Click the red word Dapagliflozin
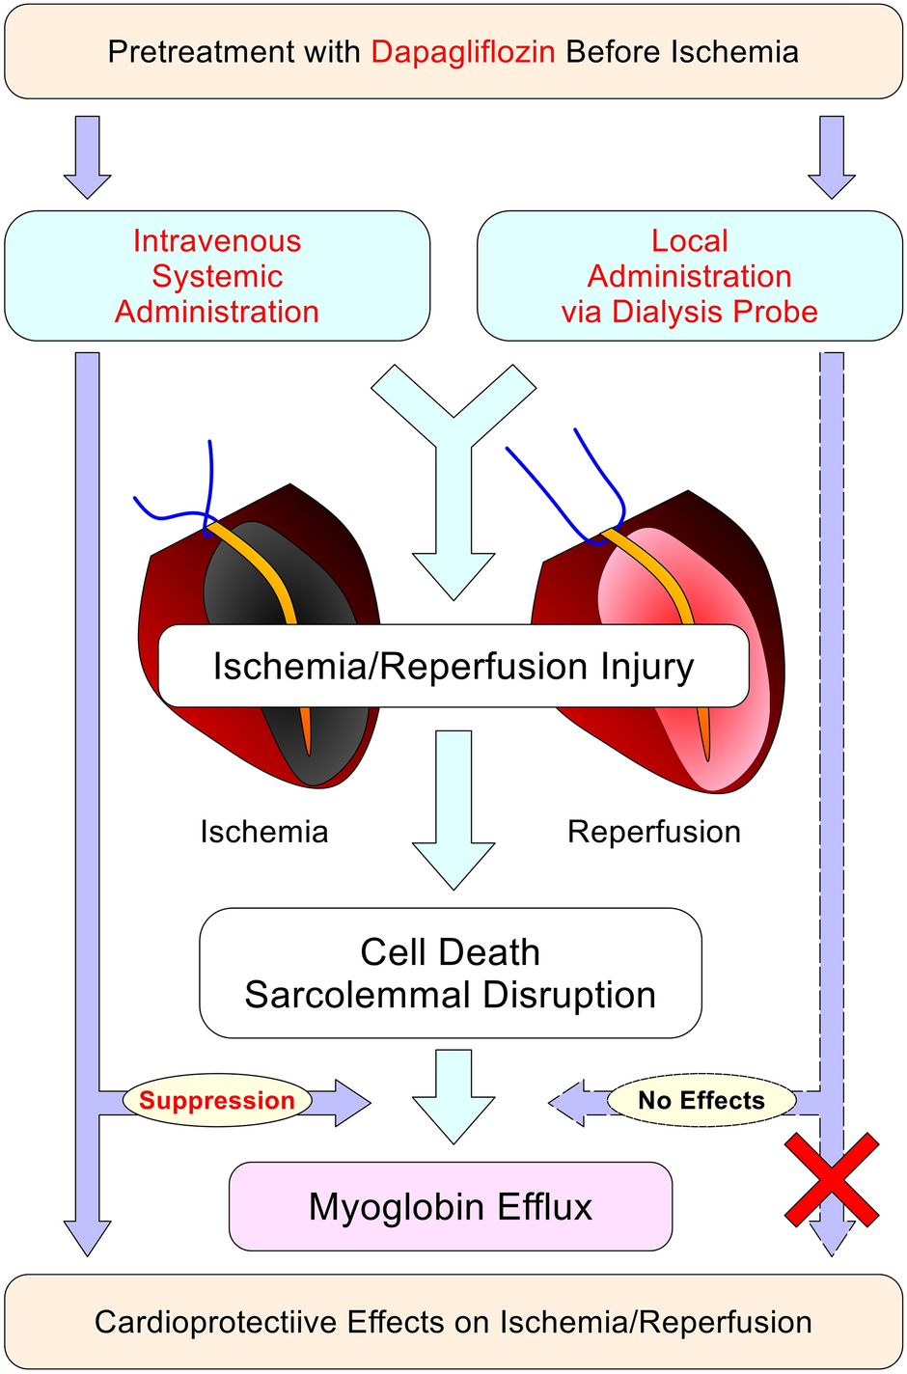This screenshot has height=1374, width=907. coord(463,51)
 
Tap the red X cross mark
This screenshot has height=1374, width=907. coord(831,1180)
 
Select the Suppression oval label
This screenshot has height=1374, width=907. coord(217,1100)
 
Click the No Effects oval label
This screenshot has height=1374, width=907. coord(701,1100)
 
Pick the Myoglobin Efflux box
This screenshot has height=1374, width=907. coord(451,1206)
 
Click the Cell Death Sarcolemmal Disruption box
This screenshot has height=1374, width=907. coord(451,973)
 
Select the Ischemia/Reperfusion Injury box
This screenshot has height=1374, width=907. coord(453,667)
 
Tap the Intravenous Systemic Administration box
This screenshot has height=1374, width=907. coord(217,276)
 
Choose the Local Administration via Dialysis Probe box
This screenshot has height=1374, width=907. coord(690,276)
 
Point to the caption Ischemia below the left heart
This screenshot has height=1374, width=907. coord(264,832)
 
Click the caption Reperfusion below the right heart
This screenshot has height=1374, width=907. coord(654,832)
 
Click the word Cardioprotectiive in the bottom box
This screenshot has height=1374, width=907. coord(214,1322)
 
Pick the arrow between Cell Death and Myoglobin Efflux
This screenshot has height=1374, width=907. coord(453,1095)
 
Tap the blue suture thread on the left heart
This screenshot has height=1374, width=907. coord(210,482)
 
